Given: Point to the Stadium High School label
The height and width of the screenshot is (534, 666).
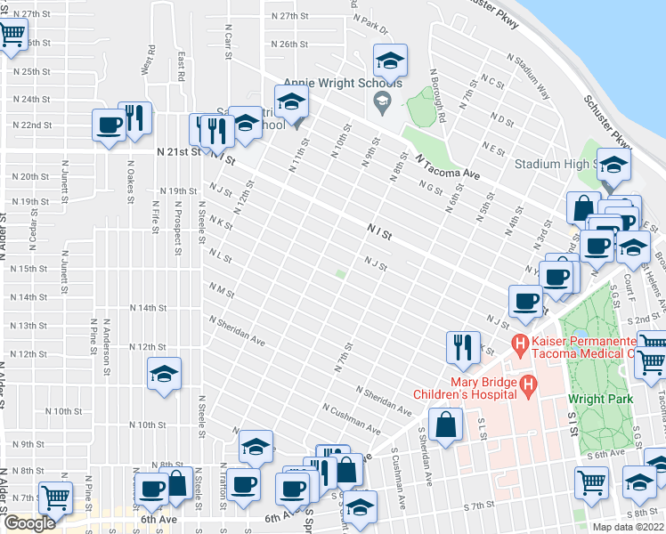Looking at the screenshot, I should pyautogui.click(x=553, y=165).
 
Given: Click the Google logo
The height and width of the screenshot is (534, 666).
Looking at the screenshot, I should pyautogui.click(x=29, y=523).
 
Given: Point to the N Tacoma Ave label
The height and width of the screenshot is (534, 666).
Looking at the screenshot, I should pyautogui.click(x=448, y=166).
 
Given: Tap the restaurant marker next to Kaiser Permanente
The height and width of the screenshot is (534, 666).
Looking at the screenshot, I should pyautogui.click(x=461, y=346).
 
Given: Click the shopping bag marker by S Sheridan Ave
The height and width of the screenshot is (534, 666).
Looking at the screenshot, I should pyautogui.click(x=444, y=425).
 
